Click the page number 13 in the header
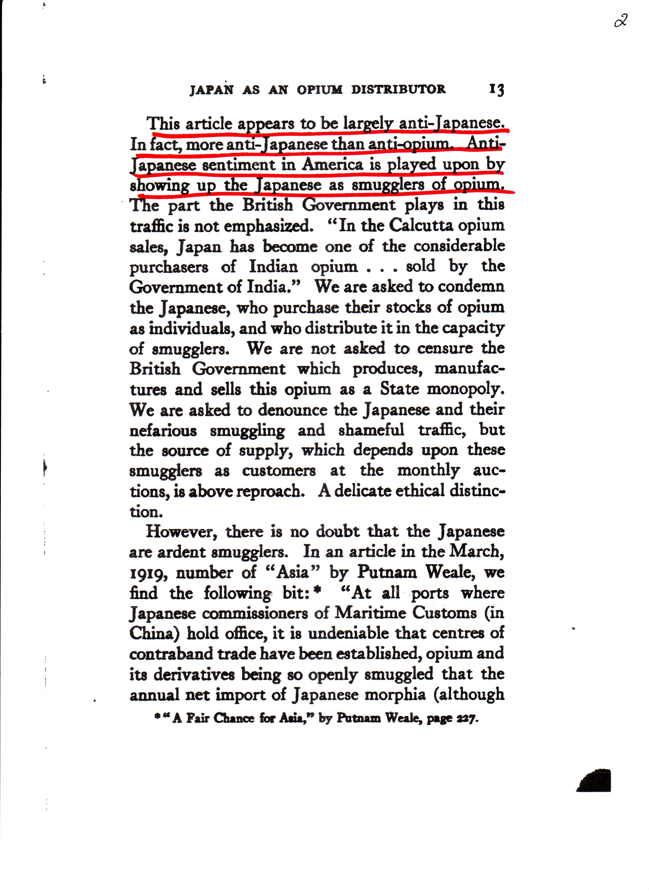point(496,90)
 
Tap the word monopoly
point(465,389)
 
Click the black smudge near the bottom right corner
point(595,780)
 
